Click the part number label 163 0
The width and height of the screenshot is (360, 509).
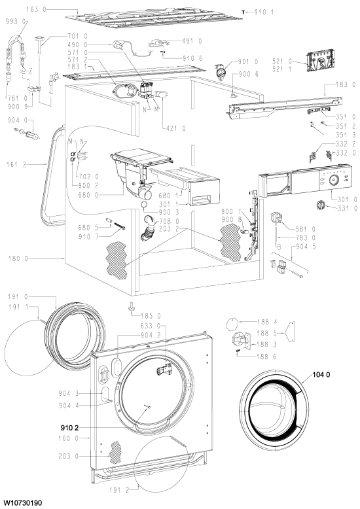[x=37, y=10]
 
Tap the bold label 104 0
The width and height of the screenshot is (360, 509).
[x=321, y=375]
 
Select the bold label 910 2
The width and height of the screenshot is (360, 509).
[x=69, y=428]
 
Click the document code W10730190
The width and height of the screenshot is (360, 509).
[x=22, y=503]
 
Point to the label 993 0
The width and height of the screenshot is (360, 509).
[x=16, y=22]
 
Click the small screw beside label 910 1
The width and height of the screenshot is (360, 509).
[x=243, y=12]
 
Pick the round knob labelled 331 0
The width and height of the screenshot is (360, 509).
[x=321, y=205]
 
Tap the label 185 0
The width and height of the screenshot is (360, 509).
[x=151, y=316]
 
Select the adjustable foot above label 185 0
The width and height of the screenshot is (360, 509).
[x=132, y=306]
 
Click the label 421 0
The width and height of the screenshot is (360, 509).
[x=175, y=128]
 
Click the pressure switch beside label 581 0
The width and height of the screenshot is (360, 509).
[x=276, y=218]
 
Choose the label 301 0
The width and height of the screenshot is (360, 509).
[x=347, y=200]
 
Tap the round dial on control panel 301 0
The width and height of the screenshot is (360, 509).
[x=334, y=180]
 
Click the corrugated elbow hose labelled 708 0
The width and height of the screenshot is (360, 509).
[x=148, y=228]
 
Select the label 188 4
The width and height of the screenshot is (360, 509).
[x=267, y=322]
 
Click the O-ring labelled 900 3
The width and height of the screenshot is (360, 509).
[x=144, y=205]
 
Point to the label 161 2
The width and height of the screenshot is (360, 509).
[x=16, y=165]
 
